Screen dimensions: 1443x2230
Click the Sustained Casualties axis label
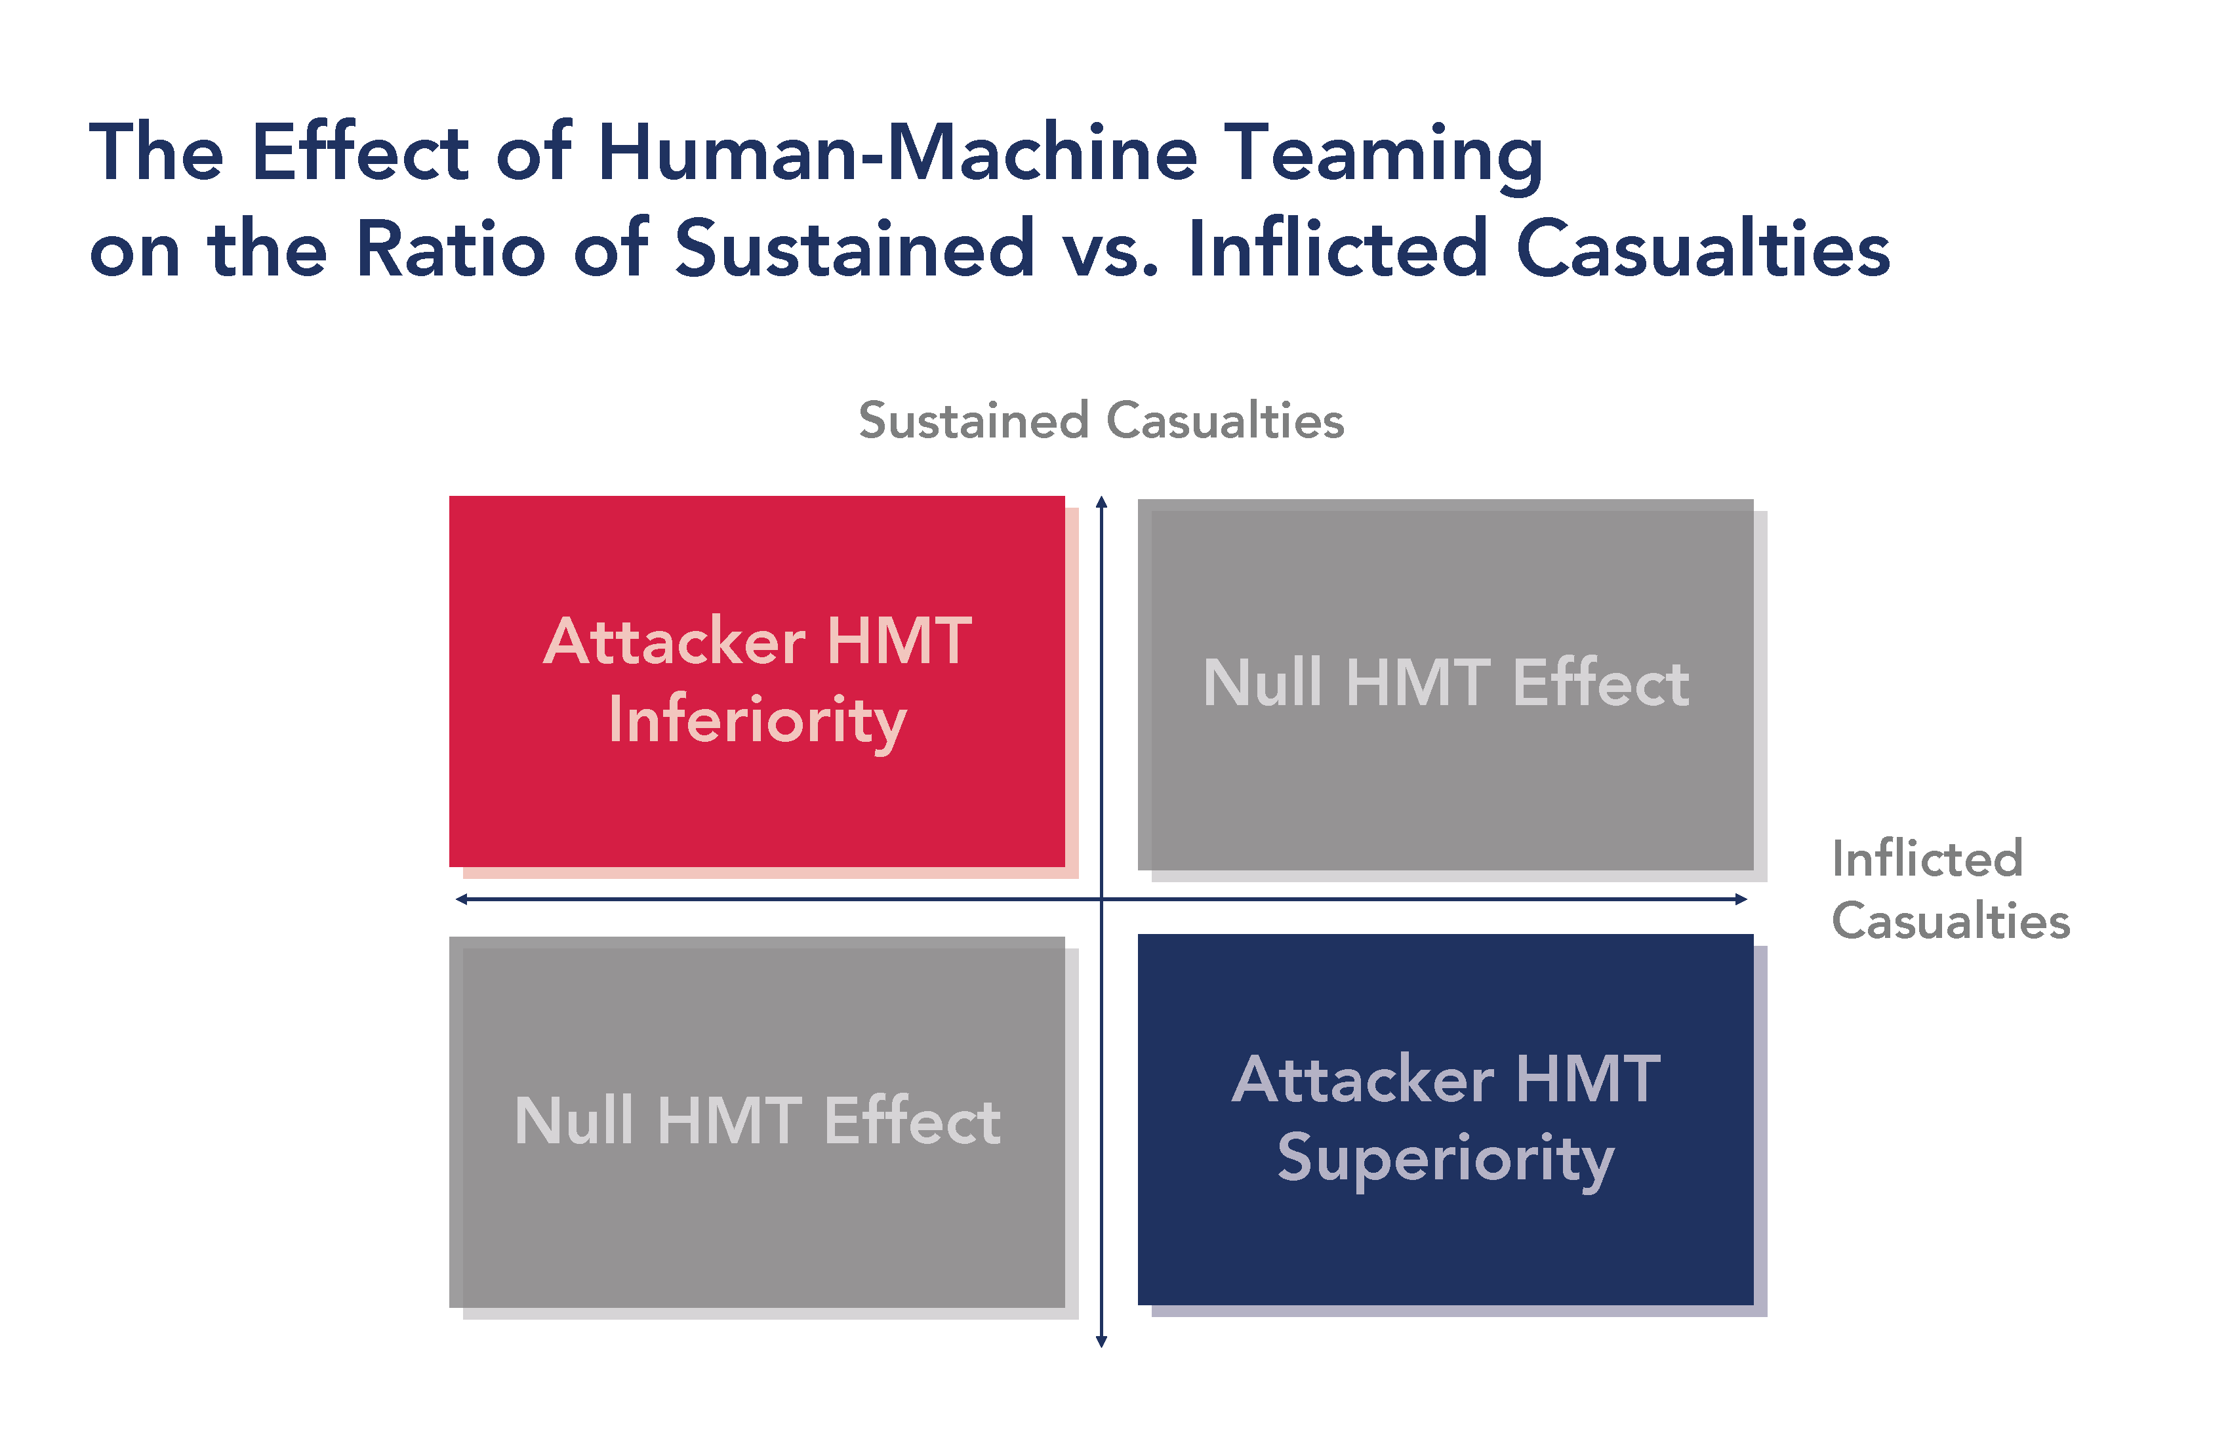point(1101,420)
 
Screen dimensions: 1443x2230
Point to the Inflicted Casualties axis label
point(1949,889)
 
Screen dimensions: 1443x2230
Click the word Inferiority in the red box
point(757,721)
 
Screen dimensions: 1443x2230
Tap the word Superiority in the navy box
point(1445,1159)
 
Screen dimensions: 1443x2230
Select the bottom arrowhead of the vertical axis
point(1102,1342)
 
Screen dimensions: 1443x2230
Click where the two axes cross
point(1102,899)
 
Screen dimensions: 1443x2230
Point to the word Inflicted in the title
point(1337,249)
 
